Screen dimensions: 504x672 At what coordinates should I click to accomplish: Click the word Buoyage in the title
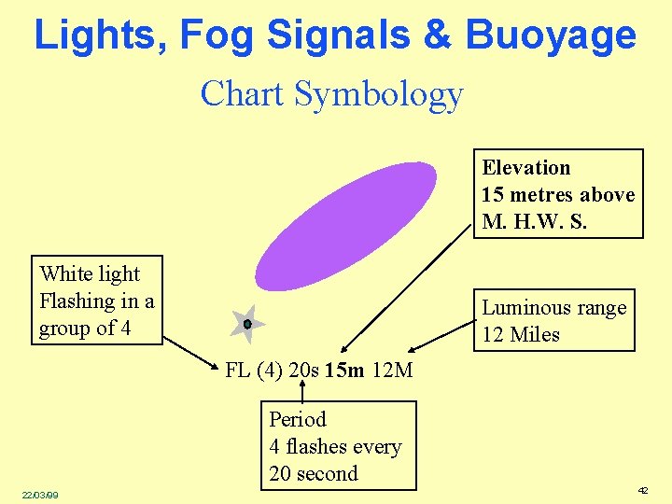pyautogui.click(x=551, y=35)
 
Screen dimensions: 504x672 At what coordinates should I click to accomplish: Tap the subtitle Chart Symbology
pyautogui.click(x=331, y=94)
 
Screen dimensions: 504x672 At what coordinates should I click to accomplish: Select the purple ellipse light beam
pyautogui.click(x=345, y=226)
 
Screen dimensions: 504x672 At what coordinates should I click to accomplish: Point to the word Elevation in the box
pyautogui.click(x=525, y=168)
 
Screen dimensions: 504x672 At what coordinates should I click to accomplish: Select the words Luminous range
pyautogui.click(x=553, y=308)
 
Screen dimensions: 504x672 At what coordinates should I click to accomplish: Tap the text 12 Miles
pyautogui.click(x=520, y=334)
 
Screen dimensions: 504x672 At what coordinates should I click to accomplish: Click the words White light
pyautogui.click(x=90, y=273)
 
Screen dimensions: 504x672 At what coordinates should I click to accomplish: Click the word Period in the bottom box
pyautogui.click(x=298, y=419)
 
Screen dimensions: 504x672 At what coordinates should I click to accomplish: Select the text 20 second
pyautogui.click(x=314, y=473)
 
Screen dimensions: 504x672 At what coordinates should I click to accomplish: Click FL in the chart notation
pyautogui.click(x=238, y=371)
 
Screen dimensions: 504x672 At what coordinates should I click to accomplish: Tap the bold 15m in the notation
pyautogui.click(x=345, y=371)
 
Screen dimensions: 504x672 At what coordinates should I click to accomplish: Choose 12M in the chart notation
pyautogui.click(x=392, y=371)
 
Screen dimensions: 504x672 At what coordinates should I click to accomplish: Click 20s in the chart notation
pyautogui.click(x=304, y=371)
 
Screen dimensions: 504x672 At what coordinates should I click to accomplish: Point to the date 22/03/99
pyautogui.click(x=40, y=495)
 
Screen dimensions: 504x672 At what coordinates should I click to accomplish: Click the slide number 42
pyautogui.click(x=642, y=490)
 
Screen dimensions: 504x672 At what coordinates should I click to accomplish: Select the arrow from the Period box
pyautogui.click(x=303, y=390)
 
